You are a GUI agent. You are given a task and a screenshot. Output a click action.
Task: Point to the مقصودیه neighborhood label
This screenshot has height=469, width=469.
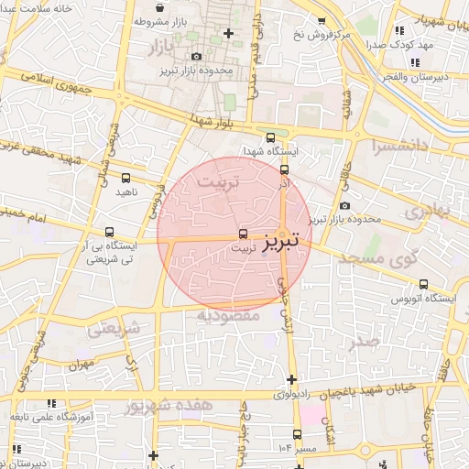(x=229, y=315)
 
